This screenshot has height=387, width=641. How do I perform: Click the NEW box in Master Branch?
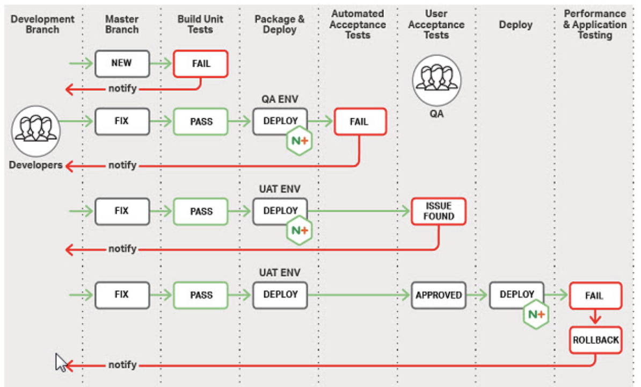[x=122, y=63]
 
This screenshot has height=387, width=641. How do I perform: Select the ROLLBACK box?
[x=595, y=340]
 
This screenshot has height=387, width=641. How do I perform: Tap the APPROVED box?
[x=438, y=295]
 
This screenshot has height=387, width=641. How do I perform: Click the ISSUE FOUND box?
[x=439, y=211]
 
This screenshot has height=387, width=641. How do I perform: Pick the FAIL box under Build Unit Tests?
[x=201, y=63]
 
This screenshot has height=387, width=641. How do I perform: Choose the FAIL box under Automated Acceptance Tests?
[x=360, y=121]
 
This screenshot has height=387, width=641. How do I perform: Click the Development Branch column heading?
[x=42, y=24]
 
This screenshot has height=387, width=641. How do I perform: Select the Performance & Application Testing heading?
[x=595, y=24]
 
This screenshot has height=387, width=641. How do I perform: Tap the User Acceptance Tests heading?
[x=436, y=24]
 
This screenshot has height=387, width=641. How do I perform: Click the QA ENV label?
[x=280, y=99]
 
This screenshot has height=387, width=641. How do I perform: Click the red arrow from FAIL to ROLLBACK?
[x=595, y=317]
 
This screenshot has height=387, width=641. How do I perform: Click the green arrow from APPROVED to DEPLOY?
[x=477, y=295]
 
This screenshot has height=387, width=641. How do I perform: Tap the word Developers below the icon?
[x=35, y=165]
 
